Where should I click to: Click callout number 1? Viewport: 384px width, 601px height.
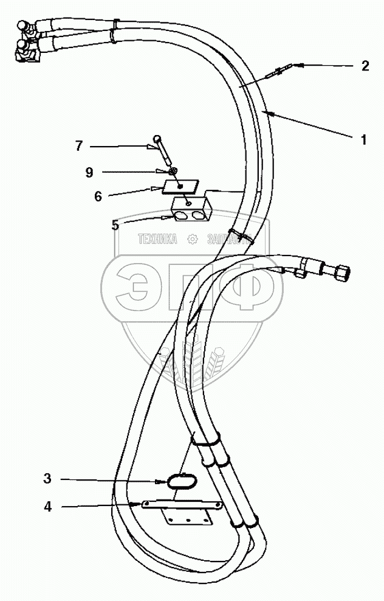363,139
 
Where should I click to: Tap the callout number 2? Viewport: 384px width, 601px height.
365,66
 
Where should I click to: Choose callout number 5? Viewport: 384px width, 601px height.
115,225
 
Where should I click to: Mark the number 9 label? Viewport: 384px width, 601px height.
89,172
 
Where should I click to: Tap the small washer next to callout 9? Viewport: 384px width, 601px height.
174,171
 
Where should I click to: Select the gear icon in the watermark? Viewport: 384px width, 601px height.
193,239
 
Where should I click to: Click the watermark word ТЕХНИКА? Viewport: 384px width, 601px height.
159,240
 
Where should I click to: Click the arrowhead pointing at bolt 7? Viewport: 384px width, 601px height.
153,146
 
